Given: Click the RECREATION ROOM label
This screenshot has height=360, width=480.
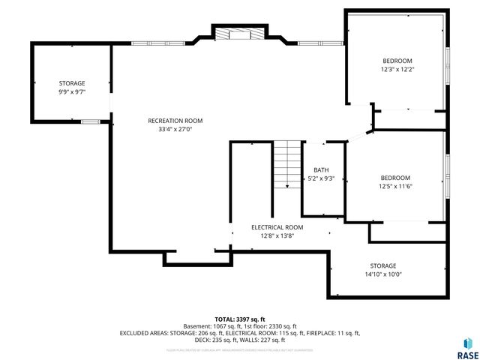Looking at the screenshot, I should point(175,121).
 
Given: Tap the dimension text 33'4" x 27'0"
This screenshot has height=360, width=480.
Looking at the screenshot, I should point(175,129).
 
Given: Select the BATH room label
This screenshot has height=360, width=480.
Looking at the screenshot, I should point(321,170).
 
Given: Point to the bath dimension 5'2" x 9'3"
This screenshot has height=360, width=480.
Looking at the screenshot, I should point(321,179).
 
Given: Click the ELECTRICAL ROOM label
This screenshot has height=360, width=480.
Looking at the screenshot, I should point(277,227).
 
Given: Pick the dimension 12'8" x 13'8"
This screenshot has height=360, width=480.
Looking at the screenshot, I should point(277,235).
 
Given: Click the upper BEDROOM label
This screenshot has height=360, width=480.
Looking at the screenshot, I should point(397,61).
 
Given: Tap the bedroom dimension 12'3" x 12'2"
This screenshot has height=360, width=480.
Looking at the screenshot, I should point(397,69).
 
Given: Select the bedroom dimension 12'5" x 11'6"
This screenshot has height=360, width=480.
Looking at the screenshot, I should point(395,186).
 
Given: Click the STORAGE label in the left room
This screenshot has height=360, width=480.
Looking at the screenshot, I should point(72,83).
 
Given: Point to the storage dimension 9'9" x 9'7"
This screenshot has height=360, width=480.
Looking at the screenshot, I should point(72,91).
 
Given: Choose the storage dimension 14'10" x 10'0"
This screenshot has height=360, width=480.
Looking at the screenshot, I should point(382,274).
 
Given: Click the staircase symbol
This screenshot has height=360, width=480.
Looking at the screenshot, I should point(286,165).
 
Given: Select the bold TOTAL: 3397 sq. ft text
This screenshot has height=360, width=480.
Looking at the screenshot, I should point(240,319).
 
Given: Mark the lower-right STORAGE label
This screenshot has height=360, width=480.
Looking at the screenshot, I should point(382,266).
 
